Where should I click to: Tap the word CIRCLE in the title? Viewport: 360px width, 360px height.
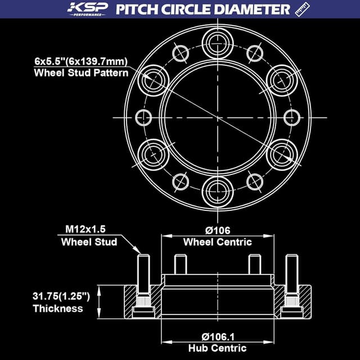click(191, 9)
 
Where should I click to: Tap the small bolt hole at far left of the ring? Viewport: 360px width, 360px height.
click(144, 117)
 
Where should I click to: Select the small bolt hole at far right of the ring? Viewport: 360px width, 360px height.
click(291, 117)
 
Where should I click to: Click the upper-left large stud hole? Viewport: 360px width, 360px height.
click(153, 79)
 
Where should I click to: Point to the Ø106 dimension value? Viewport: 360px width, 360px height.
click(217, 229)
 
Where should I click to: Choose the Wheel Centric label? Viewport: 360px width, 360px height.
click(217, 242)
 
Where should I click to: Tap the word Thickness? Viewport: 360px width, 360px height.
click(58, 308)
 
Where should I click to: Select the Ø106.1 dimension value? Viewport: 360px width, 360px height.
click(217, 336)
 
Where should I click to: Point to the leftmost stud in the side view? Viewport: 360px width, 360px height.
click(143, 281)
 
